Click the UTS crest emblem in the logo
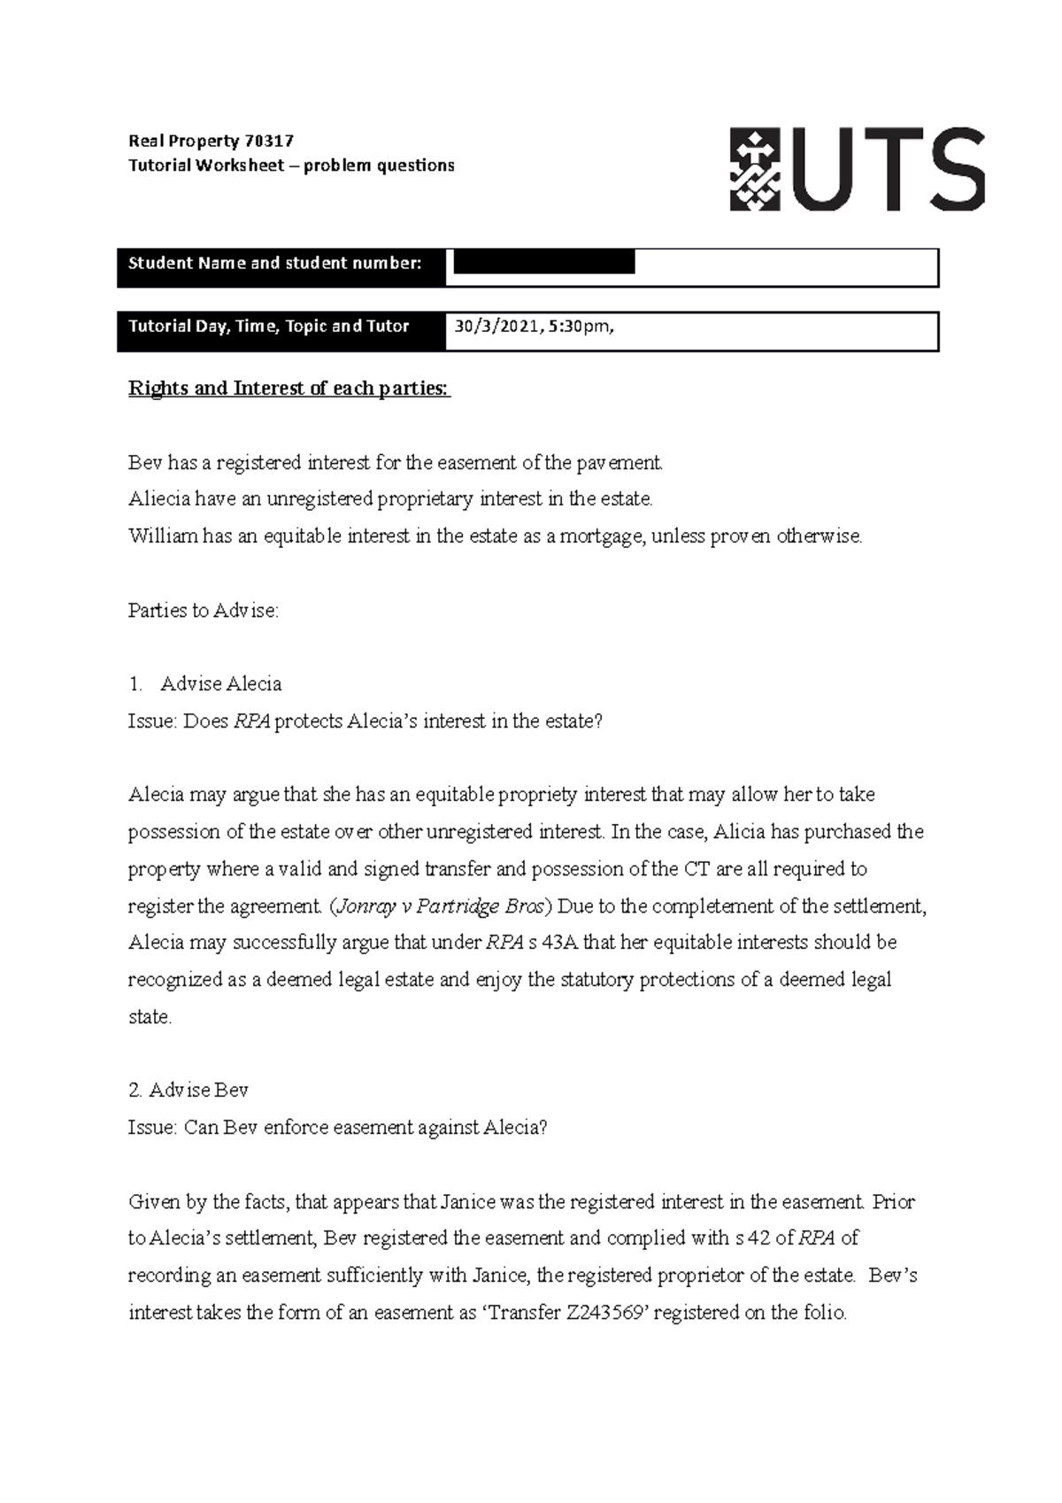[754, 169]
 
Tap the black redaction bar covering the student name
[543, 262]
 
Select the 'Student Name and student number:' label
[275, 263]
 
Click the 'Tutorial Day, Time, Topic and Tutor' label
[269, 327]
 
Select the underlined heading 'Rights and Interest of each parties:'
[289, 389]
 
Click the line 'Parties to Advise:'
[204, 611]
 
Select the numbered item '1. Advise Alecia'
[205, 684]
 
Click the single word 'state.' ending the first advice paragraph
[150, 1017]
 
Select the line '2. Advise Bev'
[189, 1091]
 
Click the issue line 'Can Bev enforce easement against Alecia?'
[366, 1128]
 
